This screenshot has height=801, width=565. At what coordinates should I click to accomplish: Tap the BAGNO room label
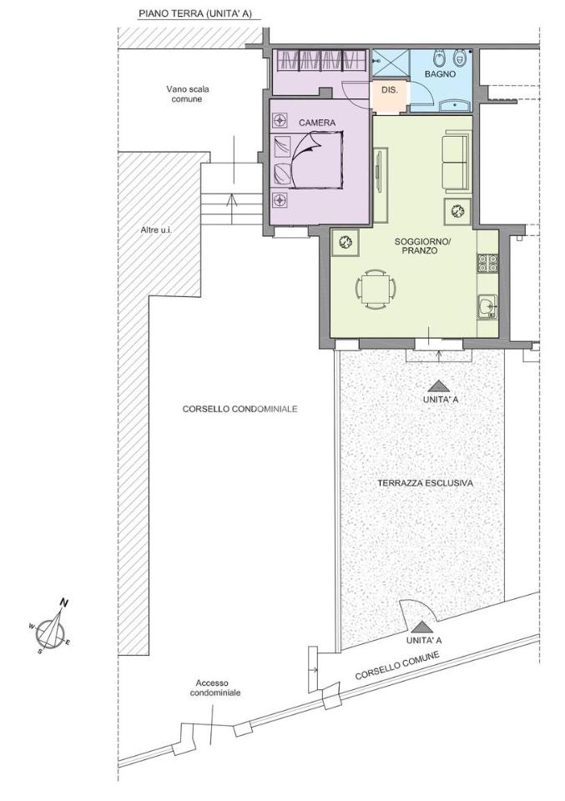tap(440, 73)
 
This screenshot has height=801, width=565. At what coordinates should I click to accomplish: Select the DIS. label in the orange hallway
tap(389, 90)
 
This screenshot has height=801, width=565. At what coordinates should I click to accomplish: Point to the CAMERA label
tap(317, 123)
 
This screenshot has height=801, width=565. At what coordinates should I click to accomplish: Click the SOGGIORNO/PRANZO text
tap(423, 246)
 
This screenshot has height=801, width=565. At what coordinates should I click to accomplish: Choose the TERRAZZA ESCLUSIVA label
tap(426, 483)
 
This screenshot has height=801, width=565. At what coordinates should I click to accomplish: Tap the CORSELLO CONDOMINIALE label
tap(240, 409)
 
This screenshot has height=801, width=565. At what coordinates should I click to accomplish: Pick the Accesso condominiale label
tap(215, 688)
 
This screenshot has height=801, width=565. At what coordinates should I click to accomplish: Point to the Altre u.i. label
tap(156, 230)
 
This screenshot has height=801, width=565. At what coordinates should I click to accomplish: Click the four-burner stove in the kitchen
tap(487, 263)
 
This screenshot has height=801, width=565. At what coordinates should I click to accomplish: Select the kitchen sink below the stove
tap(487, 307)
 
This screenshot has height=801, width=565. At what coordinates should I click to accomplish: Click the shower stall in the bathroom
tap(391, 64)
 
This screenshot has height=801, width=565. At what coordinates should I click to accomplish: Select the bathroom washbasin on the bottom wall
tap(457, 106)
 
